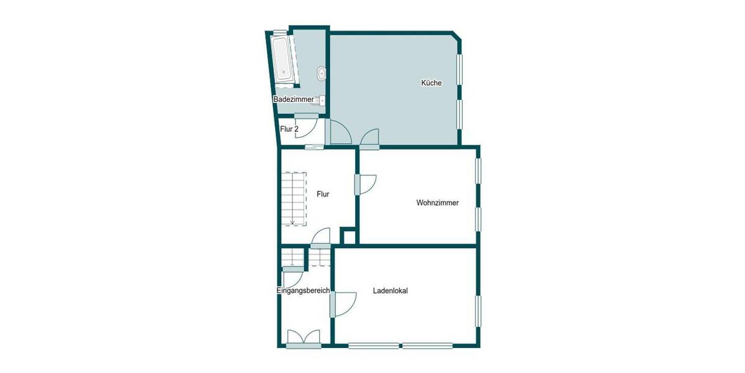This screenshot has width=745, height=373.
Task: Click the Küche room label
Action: [x=431, y=83]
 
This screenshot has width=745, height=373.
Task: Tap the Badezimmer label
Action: [x=293, y=99]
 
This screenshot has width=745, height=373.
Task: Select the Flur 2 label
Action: [x=289, y=129]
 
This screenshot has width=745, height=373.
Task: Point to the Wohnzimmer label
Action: [x=437, y=202]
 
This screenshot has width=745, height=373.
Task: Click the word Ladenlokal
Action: [x=390, y=290]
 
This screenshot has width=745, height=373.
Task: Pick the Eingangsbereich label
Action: [x=303, y=291]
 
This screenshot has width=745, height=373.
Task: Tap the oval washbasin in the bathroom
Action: [x=321, y=74]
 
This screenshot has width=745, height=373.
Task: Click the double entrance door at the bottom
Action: [x=304, y=338]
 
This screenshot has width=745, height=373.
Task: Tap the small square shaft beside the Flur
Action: [x=349, y=236]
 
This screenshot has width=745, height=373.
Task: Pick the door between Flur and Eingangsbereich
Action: [x=321, y=239]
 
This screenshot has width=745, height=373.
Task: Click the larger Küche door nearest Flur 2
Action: [x=339, y=132]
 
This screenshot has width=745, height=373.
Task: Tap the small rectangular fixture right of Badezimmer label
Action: [x=322, y=99]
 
